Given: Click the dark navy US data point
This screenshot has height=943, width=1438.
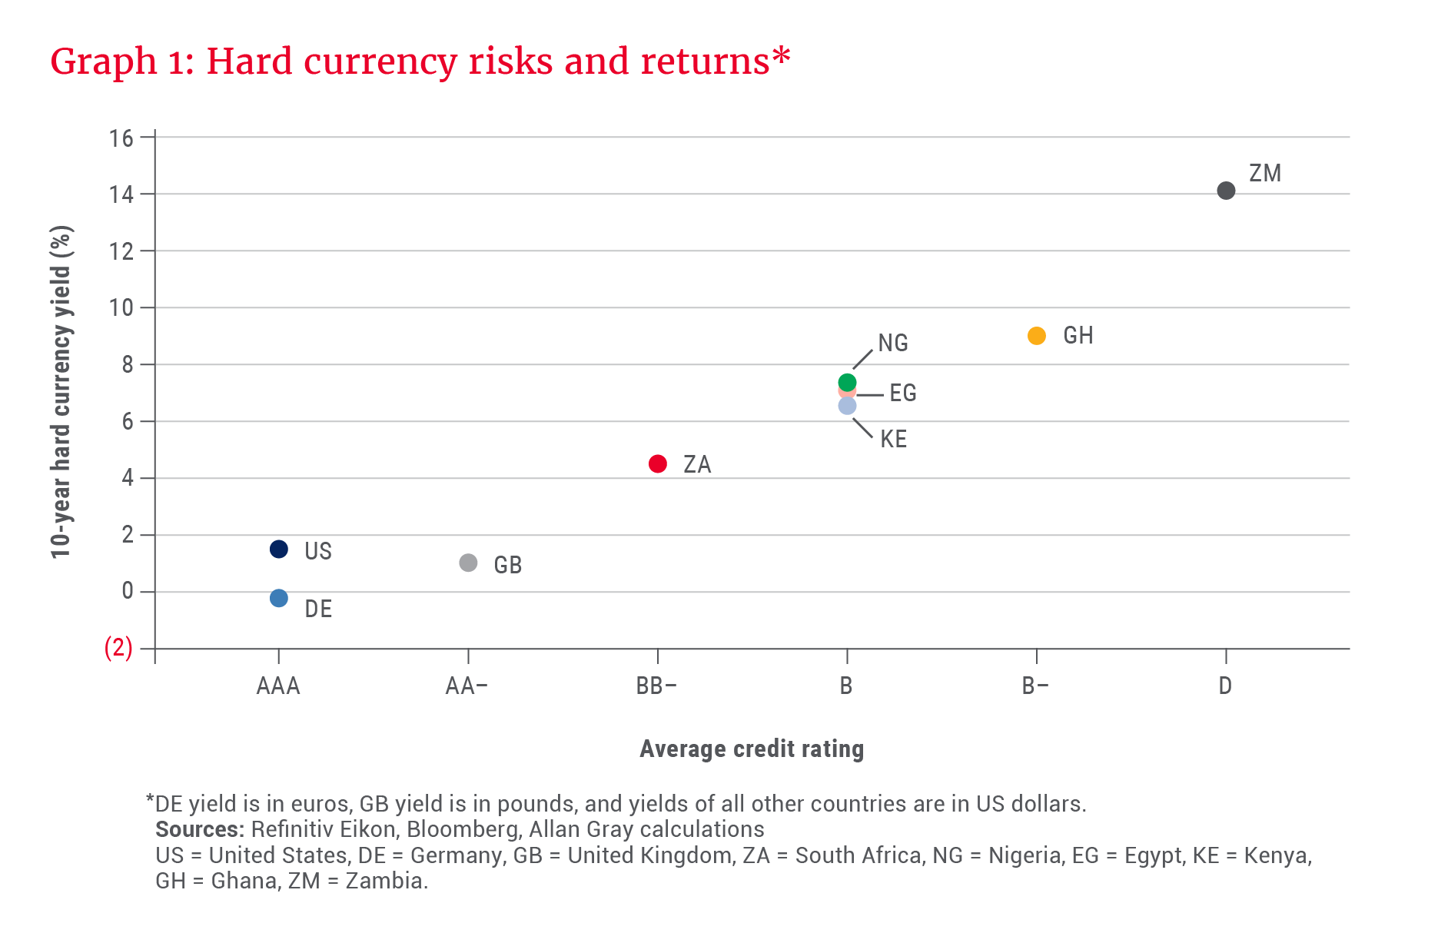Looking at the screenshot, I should point(279,549).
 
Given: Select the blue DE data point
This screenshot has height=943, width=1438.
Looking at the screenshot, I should point(279,598).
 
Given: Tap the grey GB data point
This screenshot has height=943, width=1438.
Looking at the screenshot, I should point(468,563).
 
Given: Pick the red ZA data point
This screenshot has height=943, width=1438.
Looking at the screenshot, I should point(658,463).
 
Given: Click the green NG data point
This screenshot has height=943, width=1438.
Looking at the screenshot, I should point(847,381).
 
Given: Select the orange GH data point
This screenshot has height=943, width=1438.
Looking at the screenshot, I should point(1037,336).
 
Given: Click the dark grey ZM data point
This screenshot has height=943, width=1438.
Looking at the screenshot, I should point(1226,190).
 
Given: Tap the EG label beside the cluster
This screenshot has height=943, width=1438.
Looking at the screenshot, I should point(903,393).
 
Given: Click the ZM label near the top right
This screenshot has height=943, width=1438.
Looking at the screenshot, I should point(1265,173).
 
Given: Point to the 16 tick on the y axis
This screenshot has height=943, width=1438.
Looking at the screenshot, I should point(121,138).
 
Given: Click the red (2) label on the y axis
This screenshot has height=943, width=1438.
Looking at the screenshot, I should point(118,648).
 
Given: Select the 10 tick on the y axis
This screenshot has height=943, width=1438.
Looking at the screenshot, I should point(121,308).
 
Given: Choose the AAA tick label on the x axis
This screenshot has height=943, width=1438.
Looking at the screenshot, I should point(278,686).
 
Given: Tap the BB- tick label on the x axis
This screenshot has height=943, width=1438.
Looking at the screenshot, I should point(656,686).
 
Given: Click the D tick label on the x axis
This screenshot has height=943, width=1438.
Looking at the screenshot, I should point(1225,686).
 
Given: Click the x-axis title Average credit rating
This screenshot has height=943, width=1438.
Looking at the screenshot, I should point(752,749).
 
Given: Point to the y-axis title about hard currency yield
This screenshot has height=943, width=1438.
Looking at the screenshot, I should point(61,392).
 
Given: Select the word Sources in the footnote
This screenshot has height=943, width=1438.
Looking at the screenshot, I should point(199,829).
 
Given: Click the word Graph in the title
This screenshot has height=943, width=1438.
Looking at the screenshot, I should point(103,61).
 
